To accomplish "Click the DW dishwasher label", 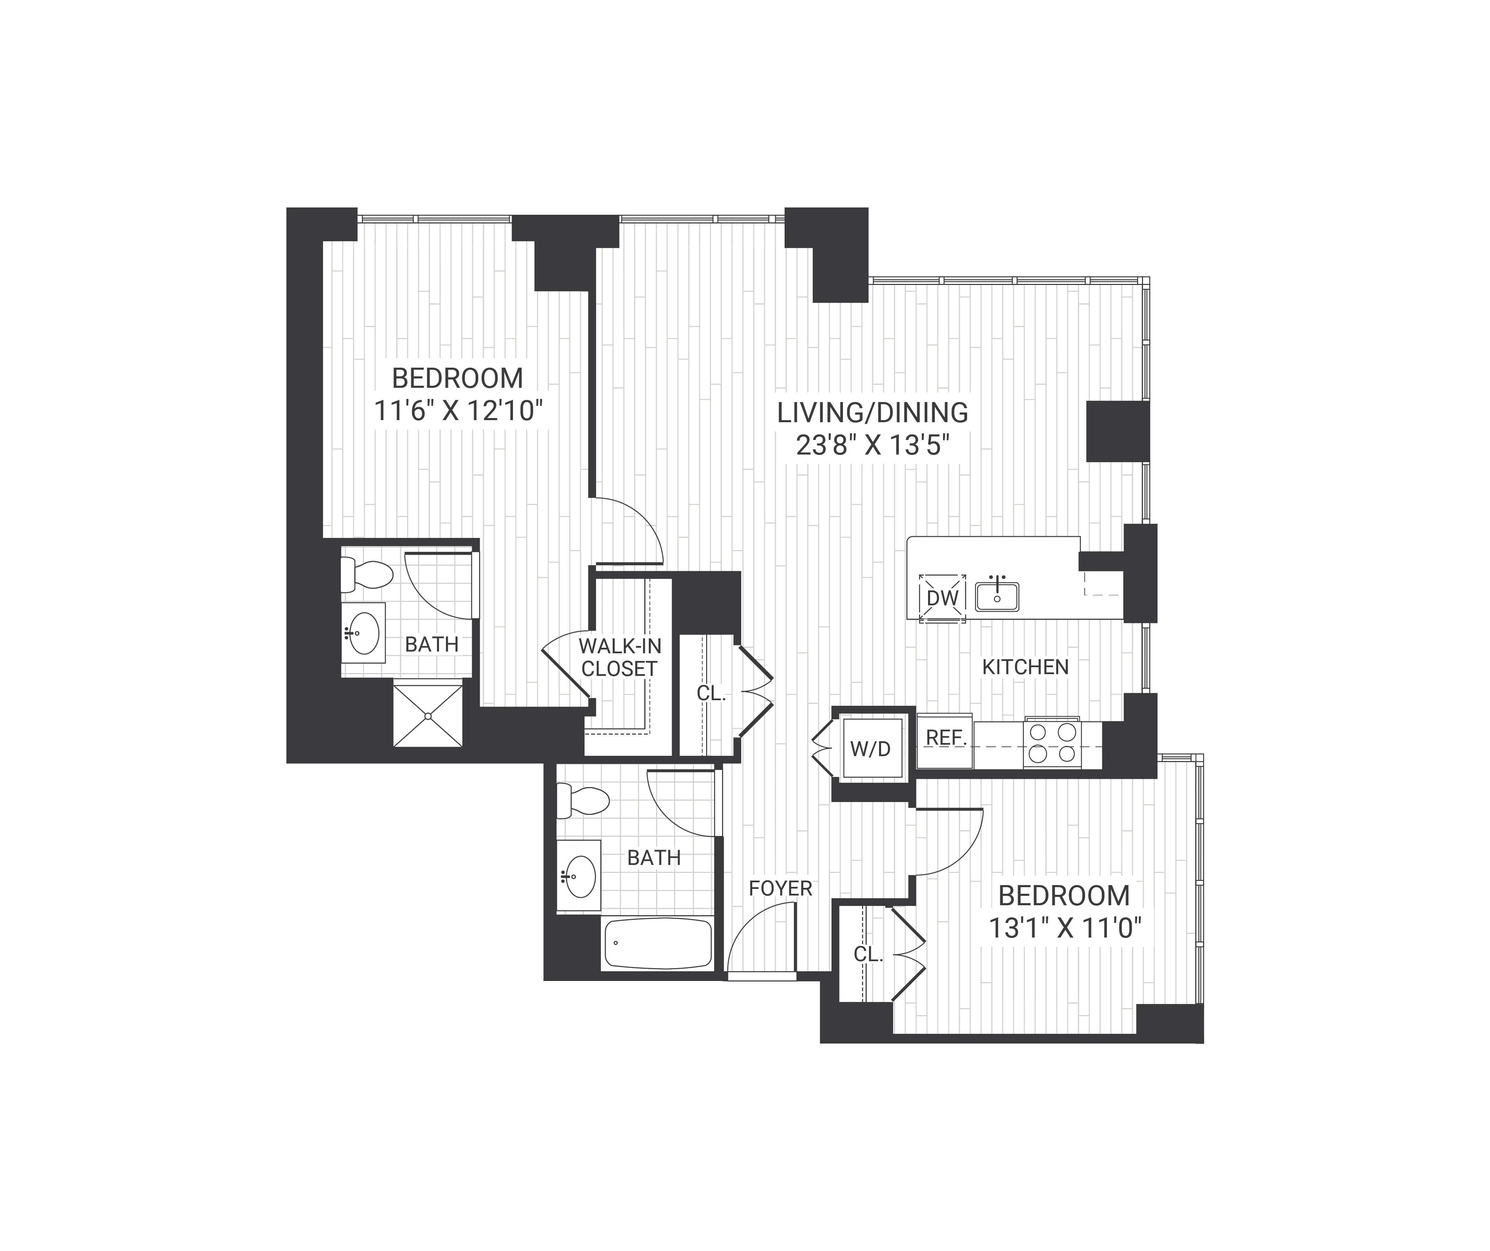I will click(942, 598).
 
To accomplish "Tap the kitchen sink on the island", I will click(997, 596).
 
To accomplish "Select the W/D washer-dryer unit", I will click(871, 749).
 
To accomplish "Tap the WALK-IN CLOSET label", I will click(619, 657).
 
